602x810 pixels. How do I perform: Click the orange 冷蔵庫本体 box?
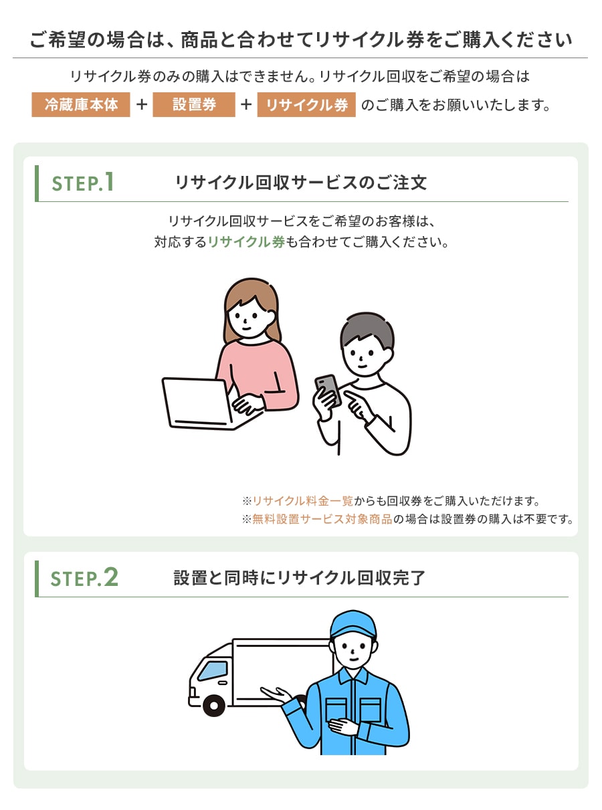[x=81, y=105]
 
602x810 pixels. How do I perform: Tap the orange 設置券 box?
[x=194, y=105]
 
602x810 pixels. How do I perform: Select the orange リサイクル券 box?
[x=306, y=105]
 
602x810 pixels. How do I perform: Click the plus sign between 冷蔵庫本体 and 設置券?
[x=142, y=105]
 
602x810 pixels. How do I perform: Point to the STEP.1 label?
[x=82, y=182]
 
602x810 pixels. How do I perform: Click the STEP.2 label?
[x=84, y=577]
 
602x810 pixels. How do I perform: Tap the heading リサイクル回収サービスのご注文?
[x=301, y=182]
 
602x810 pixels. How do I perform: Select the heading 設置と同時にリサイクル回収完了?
[x=300, y=578]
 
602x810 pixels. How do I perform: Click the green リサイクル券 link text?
[x=246, y=241]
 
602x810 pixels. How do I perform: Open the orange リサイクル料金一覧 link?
[x=303, y=501]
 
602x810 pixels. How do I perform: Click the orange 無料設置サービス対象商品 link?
[x=322, y=519]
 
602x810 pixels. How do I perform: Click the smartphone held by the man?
[x=328, y=390]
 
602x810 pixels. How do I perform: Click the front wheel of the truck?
[x=213, y=705]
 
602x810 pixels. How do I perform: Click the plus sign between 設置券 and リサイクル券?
[x=246, y=105]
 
